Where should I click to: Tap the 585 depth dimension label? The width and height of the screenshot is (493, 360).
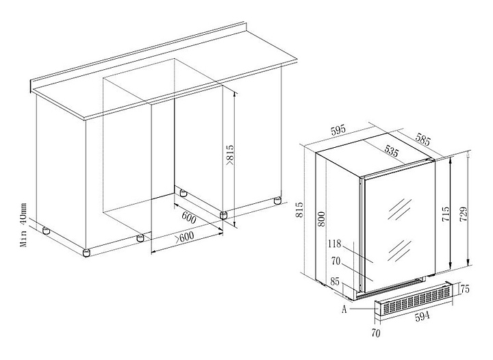(x=422, y=139)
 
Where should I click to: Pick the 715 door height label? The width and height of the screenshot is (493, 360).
(x=446, y=214)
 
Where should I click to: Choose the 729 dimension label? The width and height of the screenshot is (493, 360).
(x=464, y=214)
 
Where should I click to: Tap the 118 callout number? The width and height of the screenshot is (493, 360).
(x=335, y=244)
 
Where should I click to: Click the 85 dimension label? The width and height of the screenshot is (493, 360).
(x=335, y=281)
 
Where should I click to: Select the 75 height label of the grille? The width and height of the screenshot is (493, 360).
(x=464, y=289)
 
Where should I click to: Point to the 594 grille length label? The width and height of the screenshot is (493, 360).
(x=422, y=317)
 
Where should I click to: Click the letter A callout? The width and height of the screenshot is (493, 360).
(x=344, y=309)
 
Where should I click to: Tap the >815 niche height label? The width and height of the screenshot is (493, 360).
(x=230, y=155)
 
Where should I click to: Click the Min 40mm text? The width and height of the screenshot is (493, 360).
(x=24, y=224)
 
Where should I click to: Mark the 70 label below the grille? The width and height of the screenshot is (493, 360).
(x=376, y=333)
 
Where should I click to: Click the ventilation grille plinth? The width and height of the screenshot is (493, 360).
(x=414, y=298)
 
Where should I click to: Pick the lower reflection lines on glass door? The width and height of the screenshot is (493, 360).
(x=400, y=250)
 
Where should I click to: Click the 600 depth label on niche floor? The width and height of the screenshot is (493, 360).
(x=189, y=218)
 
